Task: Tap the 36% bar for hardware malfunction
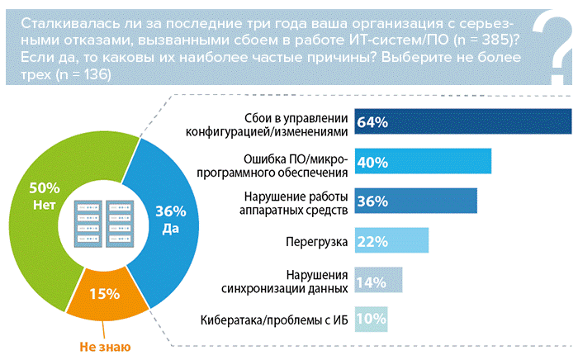pos(415,201)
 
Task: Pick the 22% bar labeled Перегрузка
pos(391,240)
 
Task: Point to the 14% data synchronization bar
pos(377,281)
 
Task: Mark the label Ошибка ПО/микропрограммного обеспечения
pos(287,162)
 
